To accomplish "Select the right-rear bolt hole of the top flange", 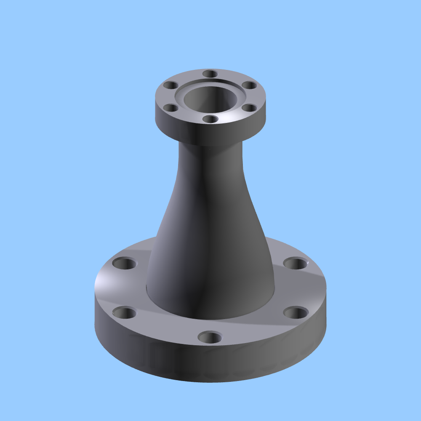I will click(250, 85).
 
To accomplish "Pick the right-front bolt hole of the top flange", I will click(250, 108).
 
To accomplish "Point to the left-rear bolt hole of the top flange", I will click(171, 85).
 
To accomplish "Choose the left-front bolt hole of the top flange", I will click(171, 108).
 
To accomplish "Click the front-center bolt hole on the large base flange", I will click(210, 337).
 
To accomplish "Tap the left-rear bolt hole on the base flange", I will click(125, 264).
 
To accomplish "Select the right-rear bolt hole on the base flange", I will click(296, 264).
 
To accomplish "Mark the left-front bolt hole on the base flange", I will click(125, 313).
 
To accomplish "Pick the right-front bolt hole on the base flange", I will click(296, 313).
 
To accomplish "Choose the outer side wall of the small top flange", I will click(210, 133).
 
